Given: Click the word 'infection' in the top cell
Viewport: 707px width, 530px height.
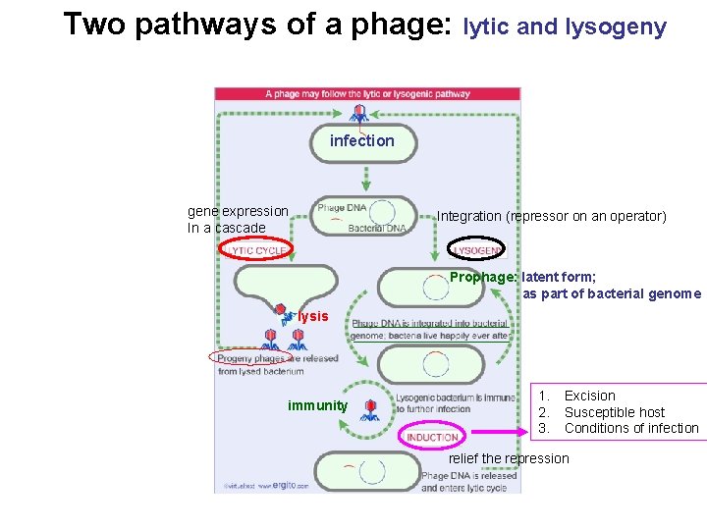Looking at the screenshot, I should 361,141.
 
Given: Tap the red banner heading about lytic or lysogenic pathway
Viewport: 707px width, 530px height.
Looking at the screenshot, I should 367,94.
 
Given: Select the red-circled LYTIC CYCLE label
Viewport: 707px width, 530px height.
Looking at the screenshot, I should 256,251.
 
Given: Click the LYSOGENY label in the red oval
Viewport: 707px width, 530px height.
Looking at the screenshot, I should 477,251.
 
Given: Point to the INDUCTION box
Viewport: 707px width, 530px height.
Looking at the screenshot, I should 432,437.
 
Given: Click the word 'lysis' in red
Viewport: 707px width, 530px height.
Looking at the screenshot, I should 313,317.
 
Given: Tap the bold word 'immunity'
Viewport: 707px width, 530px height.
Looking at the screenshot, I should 317,405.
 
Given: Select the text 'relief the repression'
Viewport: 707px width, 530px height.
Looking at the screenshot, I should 509,458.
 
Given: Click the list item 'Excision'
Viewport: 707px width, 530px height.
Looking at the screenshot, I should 589,396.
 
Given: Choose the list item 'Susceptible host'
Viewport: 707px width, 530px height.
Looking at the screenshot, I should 614,412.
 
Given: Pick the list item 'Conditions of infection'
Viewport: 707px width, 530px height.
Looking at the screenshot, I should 630,428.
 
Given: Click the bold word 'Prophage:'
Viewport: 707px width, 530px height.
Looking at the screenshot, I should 483,277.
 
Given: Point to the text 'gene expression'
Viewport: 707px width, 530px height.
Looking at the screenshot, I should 238,211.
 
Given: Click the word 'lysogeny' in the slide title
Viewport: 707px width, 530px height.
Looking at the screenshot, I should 616,27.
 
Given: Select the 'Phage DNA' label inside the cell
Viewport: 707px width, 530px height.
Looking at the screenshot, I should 342,207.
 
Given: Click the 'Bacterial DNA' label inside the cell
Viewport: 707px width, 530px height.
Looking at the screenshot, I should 376,229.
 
